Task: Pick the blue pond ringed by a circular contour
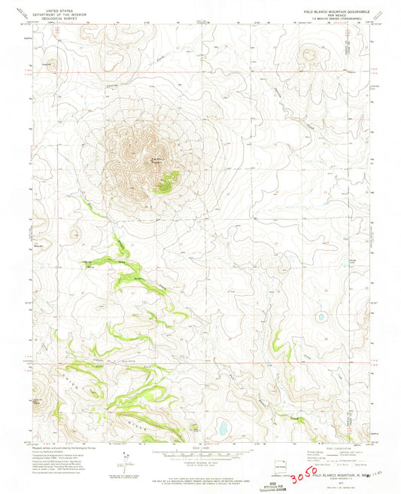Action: (321, 317)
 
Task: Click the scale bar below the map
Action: (199, 456)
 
